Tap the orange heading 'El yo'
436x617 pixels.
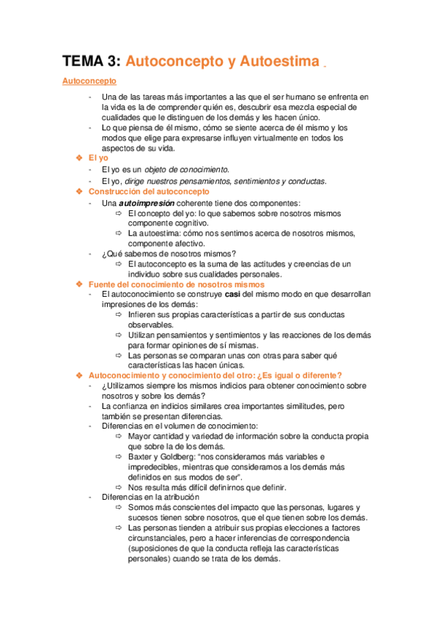[x=98, y=157]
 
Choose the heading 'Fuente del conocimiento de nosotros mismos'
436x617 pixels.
[x=176, y=284]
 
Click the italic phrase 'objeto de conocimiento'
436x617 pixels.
[x=186, y=170]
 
